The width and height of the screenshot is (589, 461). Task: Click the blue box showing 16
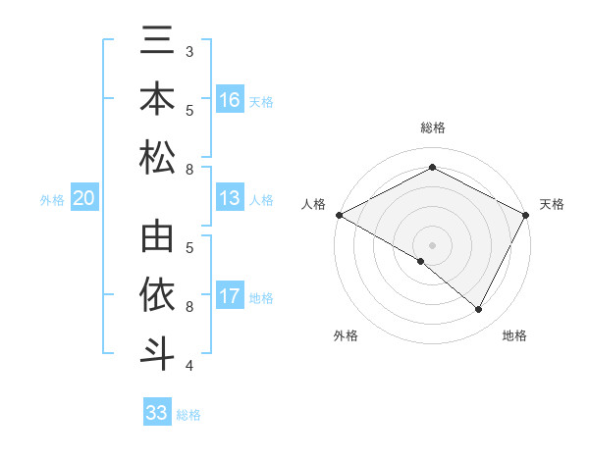pos(230,100)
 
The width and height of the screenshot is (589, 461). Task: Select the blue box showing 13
pos(230,199)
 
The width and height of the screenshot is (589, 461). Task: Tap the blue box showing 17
pos(230,296)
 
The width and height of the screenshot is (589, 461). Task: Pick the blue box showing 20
pos(83,199)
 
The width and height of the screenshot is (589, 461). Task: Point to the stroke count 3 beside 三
pos(188,50)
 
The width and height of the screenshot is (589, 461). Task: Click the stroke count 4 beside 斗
pos(188,366)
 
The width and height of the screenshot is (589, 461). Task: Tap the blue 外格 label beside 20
pos(52,200)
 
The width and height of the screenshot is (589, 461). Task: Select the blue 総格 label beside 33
pos(188,415)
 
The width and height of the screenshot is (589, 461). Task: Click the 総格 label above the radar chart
pos(432,128)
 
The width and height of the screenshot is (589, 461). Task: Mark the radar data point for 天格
pos(526,215)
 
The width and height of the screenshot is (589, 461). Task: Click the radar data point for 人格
pos(339,215)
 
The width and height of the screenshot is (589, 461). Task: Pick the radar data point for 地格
pos(479,309)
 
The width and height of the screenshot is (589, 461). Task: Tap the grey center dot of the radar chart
pos(432,244)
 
